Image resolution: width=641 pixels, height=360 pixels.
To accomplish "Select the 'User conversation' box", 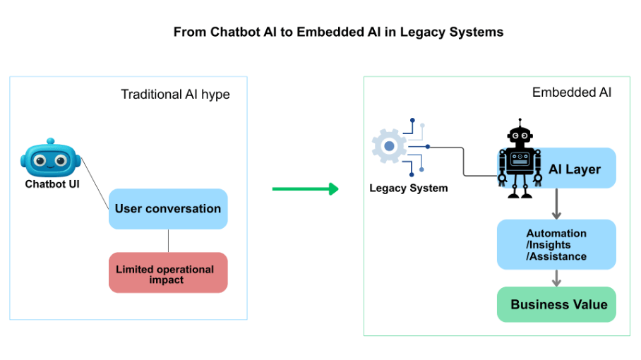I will pos(168,209).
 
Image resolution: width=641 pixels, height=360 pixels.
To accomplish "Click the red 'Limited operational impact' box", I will pos(168,273).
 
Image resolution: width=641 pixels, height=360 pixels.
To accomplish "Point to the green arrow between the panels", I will pos(305,188).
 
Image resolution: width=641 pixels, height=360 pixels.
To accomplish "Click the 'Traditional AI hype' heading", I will pos(175,94).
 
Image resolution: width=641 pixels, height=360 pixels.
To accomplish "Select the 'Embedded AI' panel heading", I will pos(572,92).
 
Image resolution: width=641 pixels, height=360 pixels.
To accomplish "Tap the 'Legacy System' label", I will pos(409,188).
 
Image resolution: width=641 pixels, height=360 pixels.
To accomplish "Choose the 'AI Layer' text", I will pos(575,169).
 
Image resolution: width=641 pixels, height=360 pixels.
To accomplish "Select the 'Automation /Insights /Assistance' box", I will pos(556,244).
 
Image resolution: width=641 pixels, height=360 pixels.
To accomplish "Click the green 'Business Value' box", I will pos(556,304).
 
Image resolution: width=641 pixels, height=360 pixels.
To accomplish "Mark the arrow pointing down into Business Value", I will pos(556,278).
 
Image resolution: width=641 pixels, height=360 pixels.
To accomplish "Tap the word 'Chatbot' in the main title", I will pos(235,32).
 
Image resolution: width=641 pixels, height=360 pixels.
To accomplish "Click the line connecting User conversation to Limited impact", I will pos(168,241).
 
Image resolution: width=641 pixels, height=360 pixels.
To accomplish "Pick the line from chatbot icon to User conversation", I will pos(95,183).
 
